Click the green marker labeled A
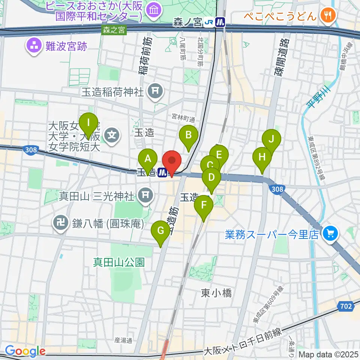click(x=148, y=159)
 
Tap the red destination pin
click(x=172, y=162)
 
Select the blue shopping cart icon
click(x=330, y=234)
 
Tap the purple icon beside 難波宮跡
click(x=33, y=46)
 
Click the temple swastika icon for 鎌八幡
click(x=60, y=223)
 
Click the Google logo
click(x=25, y=351)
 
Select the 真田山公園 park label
click(x=119, y=262)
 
